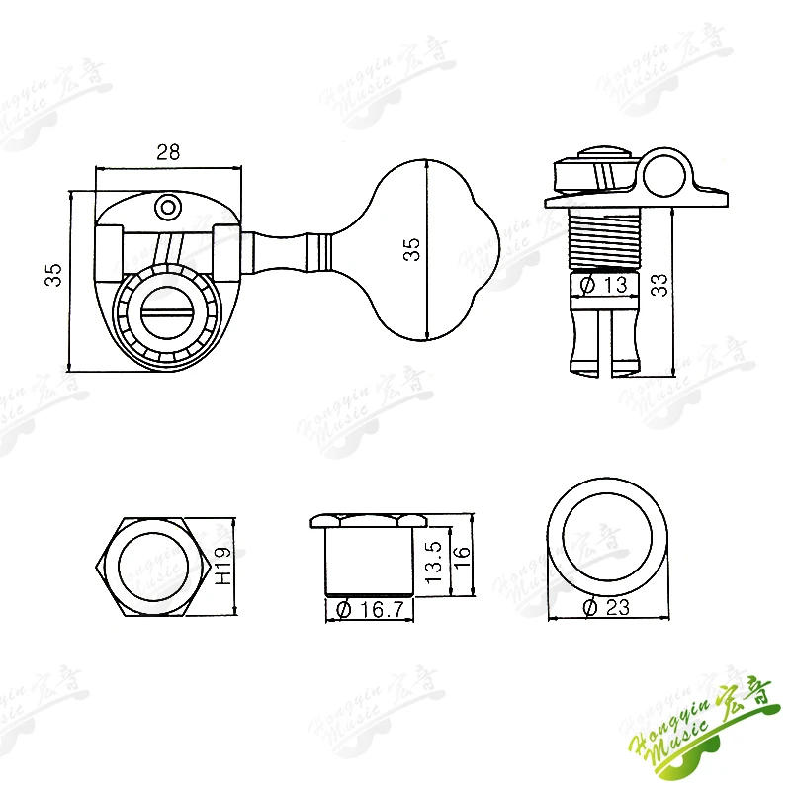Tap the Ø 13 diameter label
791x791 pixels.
(604, 285)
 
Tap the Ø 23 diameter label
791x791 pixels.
(606, 609)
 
